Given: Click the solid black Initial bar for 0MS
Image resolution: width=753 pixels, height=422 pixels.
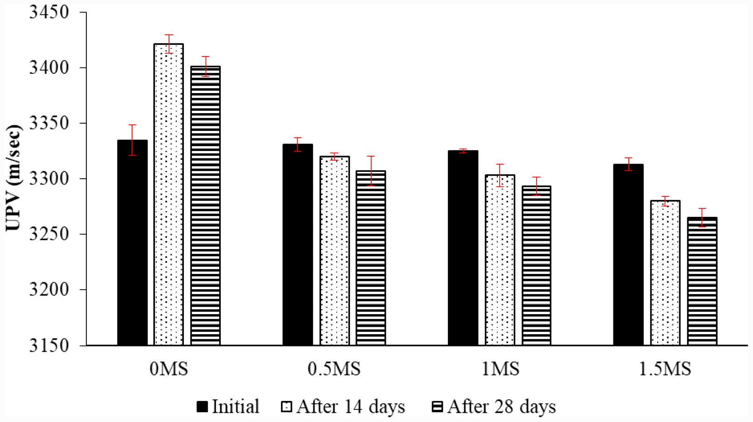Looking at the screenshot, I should (x=132, y=243).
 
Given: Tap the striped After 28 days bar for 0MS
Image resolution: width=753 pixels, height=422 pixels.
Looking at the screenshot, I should (x=206, y=206).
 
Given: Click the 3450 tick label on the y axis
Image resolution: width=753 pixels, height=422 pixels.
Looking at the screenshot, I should (x=49, y=13).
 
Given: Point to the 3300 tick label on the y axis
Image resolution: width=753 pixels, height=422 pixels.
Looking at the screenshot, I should (x=49, y=179).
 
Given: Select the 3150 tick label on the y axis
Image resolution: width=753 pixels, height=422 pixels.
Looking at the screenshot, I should (x=49, y=345).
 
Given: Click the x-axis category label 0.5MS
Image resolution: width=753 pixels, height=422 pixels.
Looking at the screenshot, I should (x=334, y=370).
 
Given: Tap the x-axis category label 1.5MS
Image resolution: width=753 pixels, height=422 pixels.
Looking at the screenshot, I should (x=665, y=370).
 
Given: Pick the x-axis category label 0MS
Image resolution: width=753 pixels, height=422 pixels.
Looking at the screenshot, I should (x=169, y=370).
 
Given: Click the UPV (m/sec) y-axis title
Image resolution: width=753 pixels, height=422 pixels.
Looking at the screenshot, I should (x=14, y=178).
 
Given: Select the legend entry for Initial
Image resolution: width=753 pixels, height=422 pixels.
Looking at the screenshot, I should (x=228, y=407).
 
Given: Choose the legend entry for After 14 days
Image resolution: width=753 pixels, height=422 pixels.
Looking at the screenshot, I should (x=343, y=407).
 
